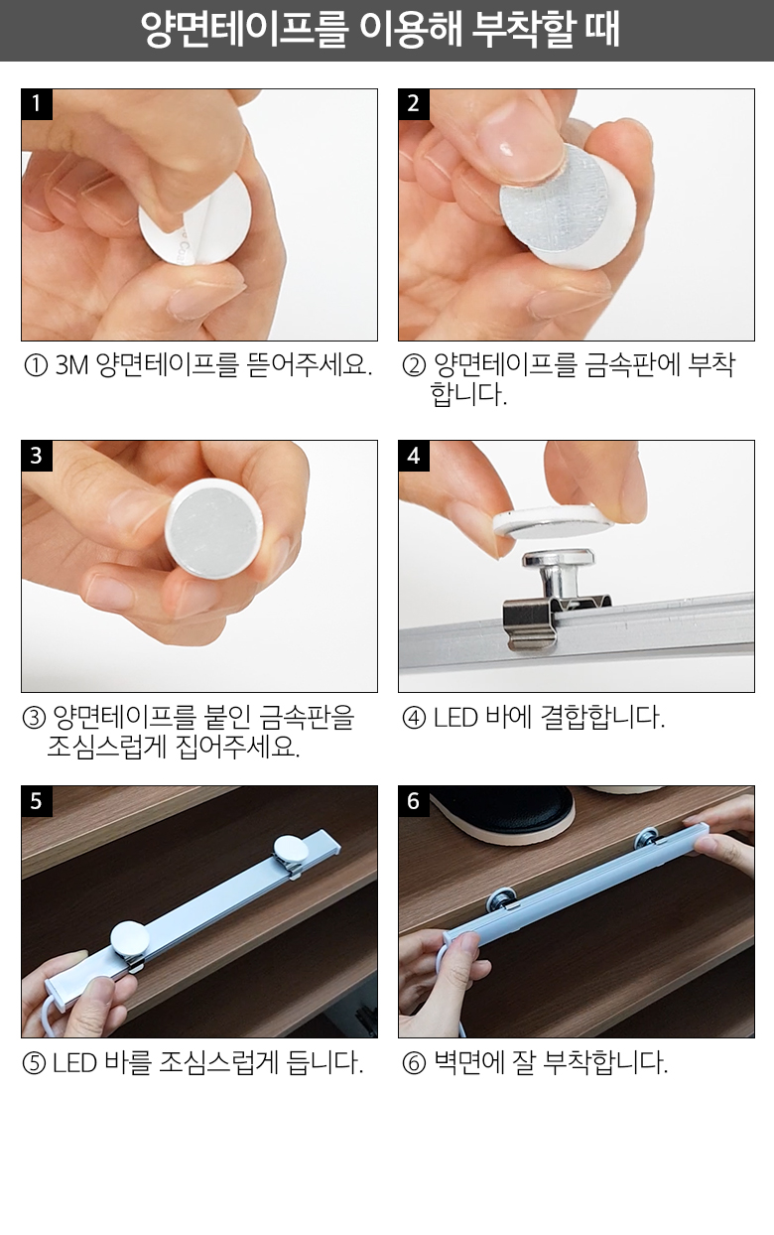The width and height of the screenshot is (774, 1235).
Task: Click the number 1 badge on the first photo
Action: (x=37, y=104)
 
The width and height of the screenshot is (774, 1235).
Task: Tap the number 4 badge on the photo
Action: (x=414, y=456)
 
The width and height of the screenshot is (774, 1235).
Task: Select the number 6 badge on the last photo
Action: (x=414, y=801)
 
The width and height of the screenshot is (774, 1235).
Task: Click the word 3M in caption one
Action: (x=71, y=365)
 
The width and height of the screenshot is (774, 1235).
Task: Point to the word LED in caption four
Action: (x=455, y=718)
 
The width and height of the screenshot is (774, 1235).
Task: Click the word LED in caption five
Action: (x=75, y=1063)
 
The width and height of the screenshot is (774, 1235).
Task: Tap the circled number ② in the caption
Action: (x=414, y=365)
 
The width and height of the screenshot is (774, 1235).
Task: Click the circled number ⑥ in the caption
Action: (x=414, y=1063)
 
